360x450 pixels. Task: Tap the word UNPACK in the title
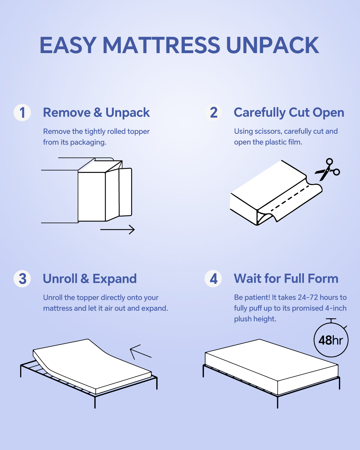tap(273, 45)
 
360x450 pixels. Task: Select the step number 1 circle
tap(22, 112)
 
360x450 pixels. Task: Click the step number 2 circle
tap(213, 112)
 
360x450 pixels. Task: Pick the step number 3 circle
tap(22, 278)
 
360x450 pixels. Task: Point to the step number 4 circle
tap(213, 278)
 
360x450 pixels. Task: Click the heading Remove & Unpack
tap(96, 113)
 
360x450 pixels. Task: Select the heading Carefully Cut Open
tap(289, 113)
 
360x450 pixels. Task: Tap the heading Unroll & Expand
tap(90, 279)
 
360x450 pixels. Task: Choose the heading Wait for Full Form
tap(286, 279)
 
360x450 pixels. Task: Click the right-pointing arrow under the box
tap(117, 229)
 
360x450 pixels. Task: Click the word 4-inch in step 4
tap(336, 308)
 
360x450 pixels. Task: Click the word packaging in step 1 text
tap(88, 142)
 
